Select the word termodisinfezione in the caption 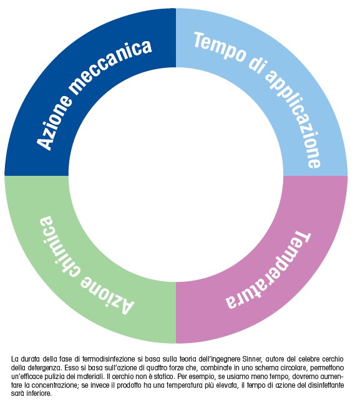click(x=109, y=359)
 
